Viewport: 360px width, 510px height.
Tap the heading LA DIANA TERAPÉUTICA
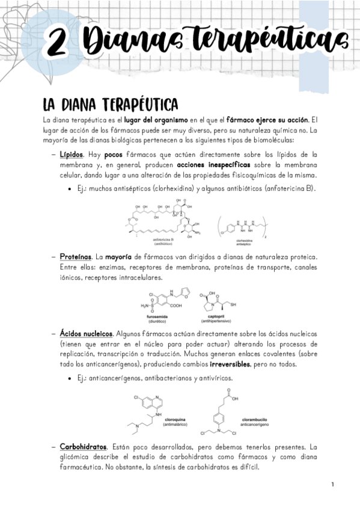pyautogui.click(x=106, y=103)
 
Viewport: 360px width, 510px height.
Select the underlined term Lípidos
pyautogui.click(x=72, y=155)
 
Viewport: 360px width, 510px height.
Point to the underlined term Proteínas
pyautogui.click(x=76, y=256)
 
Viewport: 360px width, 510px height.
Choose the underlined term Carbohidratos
pyautogui.click(x=84, y=447)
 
